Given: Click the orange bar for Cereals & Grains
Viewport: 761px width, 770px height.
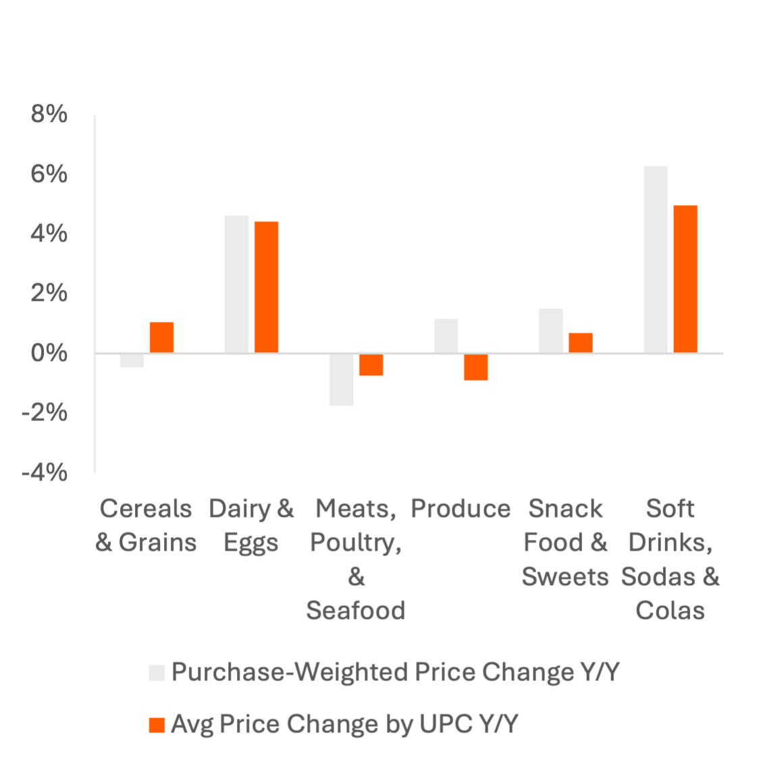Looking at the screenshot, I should coord(161,337).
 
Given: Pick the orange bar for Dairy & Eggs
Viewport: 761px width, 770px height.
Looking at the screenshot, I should coord(266,287).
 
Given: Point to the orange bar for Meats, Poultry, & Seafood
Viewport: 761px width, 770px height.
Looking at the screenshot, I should coord(371,365).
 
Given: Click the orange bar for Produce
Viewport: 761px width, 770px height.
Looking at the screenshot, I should coord(475,367).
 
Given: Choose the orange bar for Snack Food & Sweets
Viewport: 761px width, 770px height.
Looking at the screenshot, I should coord(580,343).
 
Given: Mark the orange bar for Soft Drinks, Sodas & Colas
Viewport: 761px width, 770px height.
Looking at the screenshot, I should coord(685,279).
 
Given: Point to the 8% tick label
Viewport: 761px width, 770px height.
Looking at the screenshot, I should coord(49,115).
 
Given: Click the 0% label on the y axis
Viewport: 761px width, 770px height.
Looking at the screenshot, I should coord(49,353).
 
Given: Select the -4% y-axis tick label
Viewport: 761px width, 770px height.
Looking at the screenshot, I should coord(45,472).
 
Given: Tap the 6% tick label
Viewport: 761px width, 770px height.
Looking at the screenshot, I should coord(49,175).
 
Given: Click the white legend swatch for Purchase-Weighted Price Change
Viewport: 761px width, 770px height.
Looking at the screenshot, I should coord(157,673).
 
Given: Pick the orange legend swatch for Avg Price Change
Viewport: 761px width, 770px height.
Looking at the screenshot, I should coord(157,725).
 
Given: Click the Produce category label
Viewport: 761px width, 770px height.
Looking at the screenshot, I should coord(461,509).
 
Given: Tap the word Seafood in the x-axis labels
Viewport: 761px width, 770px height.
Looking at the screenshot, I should coord(356,610).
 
